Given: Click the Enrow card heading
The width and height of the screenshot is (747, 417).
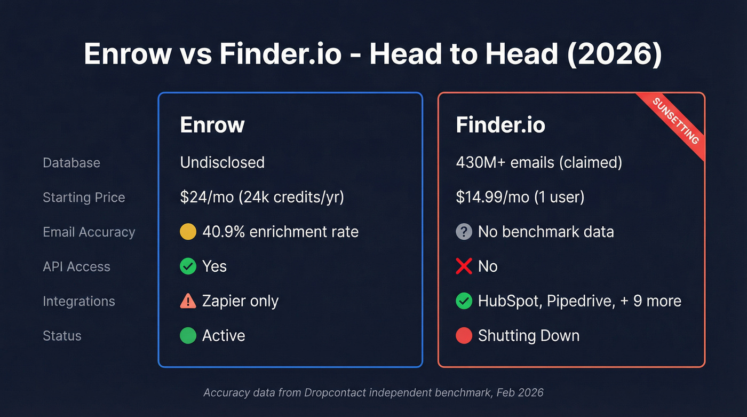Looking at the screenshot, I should tap(212, 125).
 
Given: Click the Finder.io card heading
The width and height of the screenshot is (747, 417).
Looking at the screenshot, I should tap(500, 125).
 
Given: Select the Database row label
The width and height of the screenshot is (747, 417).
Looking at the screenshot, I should tap(71, 163).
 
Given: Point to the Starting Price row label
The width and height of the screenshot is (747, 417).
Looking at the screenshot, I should tap(84, 198).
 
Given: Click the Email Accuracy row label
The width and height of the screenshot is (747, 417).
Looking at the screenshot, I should tap(89, 232).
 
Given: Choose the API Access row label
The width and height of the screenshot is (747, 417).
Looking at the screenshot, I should tap(76, 267).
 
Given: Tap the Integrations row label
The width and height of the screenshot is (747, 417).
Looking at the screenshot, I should tap(79, 301).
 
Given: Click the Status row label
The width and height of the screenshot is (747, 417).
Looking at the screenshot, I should tap(62, 336).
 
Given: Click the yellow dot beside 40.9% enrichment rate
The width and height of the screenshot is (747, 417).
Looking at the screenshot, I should tap(188, 232).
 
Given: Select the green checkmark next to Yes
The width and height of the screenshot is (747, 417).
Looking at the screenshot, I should tap(188, 266).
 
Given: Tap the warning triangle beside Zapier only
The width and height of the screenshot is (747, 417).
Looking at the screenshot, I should tap(188, 301).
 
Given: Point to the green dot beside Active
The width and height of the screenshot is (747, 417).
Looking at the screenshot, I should tap(188, 336).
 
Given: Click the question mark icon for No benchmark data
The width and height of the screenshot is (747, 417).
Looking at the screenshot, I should tap(464, 232).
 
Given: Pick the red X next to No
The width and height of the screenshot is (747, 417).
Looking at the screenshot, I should tap(464, 266).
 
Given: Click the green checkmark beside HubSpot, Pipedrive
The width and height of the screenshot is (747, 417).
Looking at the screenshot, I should tap(464, 301).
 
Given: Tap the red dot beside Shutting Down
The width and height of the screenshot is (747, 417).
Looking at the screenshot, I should tap(464, 336).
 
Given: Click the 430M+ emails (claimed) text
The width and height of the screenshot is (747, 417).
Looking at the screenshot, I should tap(539, 163).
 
